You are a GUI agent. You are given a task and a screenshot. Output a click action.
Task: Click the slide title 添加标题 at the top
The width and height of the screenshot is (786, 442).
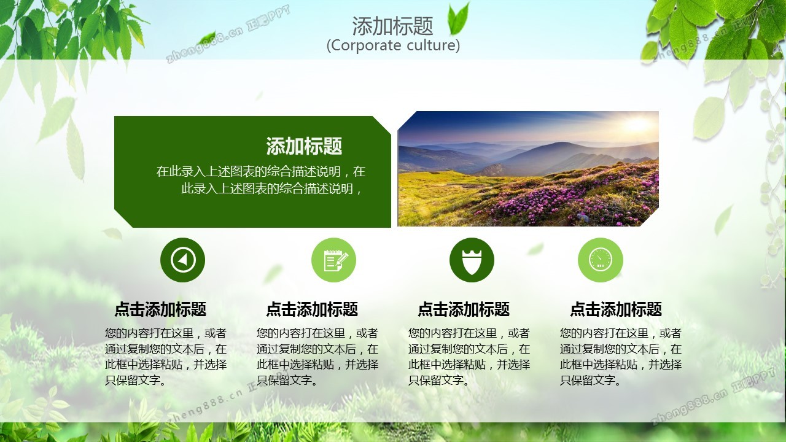coord(392,26)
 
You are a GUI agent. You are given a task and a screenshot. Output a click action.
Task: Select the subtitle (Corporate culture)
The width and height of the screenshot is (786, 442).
coord(393,45)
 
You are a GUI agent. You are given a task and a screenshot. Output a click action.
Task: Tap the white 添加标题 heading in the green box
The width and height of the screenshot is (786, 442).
coord(304,146)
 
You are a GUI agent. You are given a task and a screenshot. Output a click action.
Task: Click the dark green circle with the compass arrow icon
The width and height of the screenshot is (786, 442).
coord(182,260)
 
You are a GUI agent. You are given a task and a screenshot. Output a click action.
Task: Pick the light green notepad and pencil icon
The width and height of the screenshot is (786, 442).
coord(333,260)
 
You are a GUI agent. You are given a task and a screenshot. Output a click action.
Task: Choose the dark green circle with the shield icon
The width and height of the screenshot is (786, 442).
coord(472,260)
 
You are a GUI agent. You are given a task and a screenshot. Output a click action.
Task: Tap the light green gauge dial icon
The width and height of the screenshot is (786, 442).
coord(601,260)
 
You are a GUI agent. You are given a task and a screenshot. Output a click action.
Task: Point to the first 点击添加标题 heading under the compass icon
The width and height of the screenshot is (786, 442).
coord(160,309)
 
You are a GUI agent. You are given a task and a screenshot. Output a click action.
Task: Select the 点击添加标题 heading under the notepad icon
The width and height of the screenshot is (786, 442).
coord(312,309)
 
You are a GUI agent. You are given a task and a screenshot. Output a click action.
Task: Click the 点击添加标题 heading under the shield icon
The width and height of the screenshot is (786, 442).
coord(464,309)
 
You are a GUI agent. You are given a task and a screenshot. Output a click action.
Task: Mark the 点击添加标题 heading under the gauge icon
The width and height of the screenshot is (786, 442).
coord(616,309)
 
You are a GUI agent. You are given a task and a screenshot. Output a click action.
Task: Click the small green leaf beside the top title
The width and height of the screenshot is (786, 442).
coord(459,19)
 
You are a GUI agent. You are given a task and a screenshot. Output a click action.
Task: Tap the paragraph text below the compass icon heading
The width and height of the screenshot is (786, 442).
coord(166,357)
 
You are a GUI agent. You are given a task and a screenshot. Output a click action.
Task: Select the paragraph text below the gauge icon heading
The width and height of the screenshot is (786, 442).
coord(621,357)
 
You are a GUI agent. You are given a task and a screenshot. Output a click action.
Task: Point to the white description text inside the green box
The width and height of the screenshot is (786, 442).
coord(261,180)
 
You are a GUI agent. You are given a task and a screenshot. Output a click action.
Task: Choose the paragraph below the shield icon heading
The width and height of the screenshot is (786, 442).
coord(469,357)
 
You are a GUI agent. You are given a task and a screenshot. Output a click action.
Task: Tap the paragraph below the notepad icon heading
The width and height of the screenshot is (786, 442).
coord(317,357)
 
